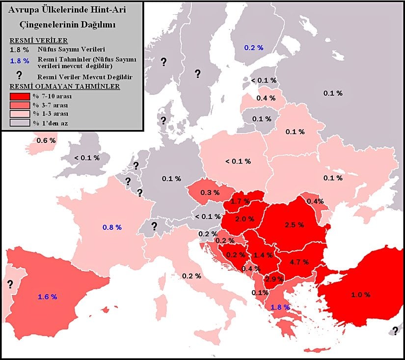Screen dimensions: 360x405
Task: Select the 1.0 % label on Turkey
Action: coord(360,295)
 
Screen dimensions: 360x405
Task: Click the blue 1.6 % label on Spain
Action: coord(48,297)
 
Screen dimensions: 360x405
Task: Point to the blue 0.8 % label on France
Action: coord(112,227)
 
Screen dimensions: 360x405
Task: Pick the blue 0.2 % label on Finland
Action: coord(254,48)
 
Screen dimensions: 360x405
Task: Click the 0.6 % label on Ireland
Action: coord(46,140)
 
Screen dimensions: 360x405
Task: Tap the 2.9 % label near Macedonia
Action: coord(273,279)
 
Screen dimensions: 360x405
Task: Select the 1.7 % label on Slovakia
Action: coord(240,201)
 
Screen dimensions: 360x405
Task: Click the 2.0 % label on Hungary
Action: coord(244,219)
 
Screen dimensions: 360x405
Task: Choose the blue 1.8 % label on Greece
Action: coord(280,307)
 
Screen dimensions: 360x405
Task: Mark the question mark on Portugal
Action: coord(9,284)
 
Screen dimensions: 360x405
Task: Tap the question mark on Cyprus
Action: coord(395,330)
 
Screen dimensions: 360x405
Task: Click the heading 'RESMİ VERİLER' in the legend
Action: coord(38,41)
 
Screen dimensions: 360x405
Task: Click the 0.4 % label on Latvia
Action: coord(266,98)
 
